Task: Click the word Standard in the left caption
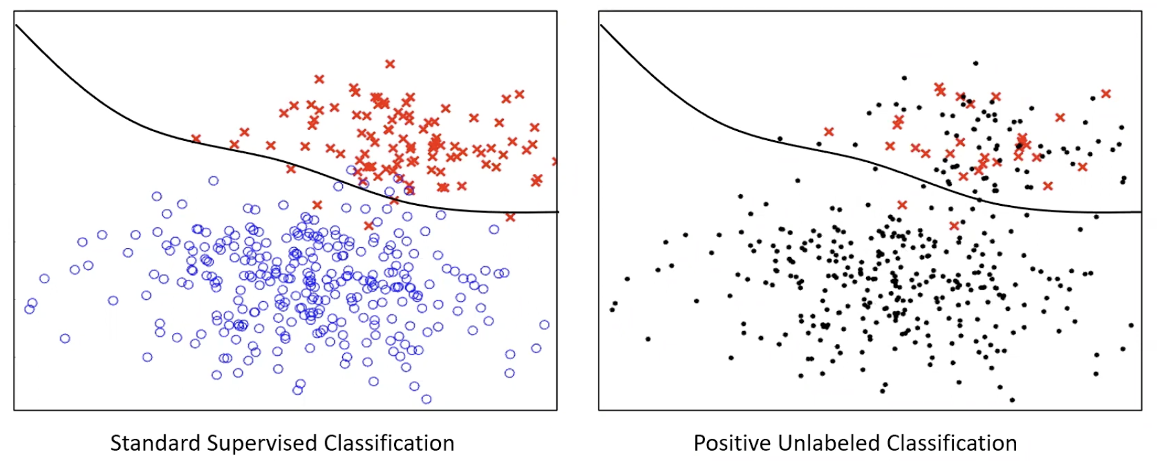tap(155, 443)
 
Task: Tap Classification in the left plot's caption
tap(389, 443)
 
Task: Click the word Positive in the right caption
tap(732, 443)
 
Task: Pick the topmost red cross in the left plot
tap(390, 64)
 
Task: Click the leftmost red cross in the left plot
tap(196, 138)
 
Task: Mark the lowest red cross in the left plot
tap(369, 225)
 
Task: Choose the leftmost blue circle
tap(29, 309)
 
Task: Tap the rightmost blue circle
tap(544, 325)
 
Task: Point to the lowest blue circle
tap(426, 399)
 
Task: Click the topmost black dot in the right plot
tap(975, 64)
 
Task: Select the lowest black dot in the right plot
tap(1012, 400)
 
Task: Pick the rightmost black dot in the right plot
tap(1131, 325)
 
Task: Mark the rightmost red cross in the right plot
tap(1106, 93)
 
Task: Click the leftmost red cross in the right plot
tap(828, 132)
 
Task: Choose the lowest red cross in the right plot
tap(954, 226)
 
